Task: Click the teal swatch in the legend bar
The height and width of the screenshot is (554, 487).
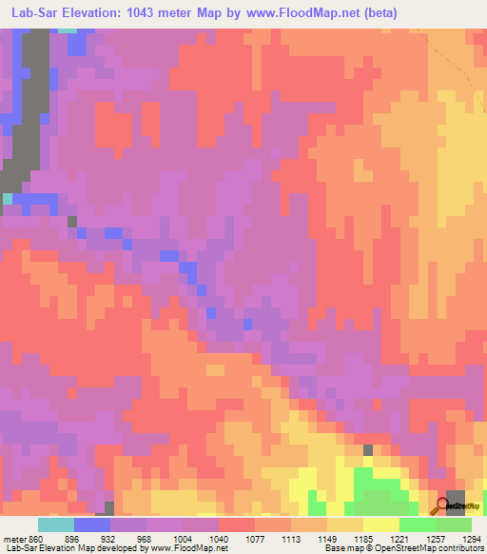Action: pyautogui.click(x=56, y=524)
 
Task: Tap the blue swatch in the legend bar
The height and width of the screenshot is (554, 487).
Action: pyautogui.click(x=92, y=524)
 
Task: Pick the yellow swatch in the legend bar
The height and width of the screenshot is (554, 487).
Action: pyautogui.click(x=381, y=524)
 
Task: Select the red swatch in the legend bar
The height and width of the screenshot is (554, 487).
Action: pyautogui.click(x=237, y=524)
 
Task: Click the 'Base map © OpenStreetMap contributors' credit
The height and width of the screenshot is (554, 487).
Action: pyautogui.click(x=402, y=547)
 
